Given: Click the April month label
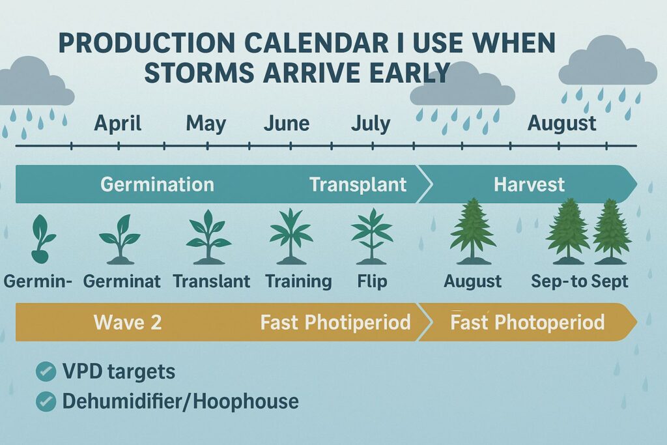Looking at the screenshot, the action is [117, 124].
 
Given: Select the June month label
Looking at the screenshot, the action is [287, 123].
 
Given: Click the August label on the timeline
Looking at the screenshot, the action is [561, 124].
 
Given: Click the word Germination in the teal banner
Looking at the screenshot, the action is [157, 184].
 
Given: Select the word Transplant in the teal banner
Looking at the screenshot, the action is [358, 184].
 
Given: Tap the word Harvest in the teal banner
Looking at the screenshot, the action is [529, 184].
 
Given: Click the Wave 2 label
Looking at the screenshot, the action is [128, 322].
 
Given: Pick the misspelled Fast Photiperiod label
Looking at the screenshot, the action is [335, 322].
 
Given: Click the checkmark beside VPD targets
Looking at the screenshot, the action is [46, 371].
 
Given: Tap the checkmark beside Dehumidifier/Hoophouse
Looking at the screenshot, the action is [46, 401].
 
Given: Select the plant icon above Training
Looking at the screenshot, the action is [291, 236].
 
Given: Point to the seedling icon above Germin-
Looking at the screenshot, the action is [42, 238].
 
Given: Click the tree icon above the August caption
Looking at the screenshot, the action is [473, 231].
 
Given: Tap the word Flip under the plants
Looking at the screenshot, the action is [372, 281].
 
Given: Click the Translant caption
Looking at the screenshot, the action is [212, 281].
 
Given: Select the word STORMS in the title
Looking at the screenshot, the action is [199, 72].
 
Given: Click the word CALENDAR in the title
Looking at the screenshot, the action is [316, 42].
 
